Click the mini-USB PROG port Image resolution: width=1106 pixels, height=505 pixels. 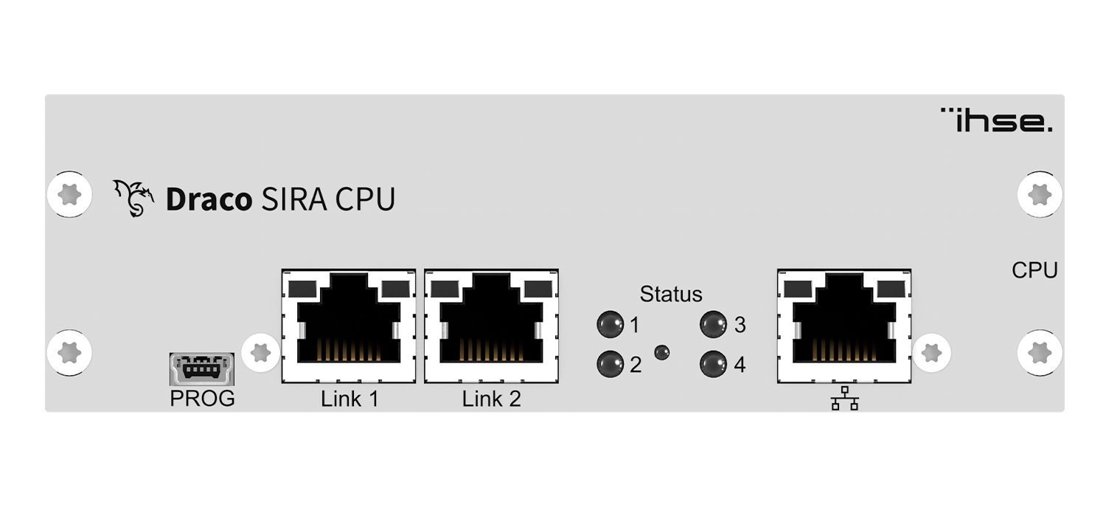click(x=202, y=368)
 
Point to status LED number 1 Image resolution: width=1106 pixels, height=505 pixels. click(x=609, y=323)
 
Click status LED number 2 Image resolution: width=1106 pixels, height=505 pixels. click(x=609, y=363)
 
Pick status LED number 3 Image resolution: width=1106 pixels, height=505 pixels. click(x=712, y=323)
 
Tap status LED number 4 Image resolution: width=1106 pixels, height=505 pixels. click(x=712, y=363)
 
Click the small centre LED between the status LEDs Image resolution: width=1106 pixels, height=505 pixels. click(x=662, y=352)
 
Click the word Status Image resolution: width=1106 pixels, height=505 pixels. click(x=671, y=294)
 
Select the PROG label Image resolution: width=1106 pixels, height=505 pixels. click(x=202, y=399)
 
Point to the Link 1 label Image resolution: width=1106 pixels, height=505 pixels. click(x=349, y=399)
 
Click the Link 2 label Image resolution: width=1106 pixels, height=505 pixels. click(x=491, y=399)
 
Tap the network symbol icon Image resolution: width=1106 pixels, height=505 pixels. click(x=845, y=399)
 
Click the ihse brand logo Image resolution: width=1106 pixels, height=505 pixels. click(x=997, y=120)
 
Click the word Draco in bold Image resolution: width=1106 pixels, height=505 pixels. click(x=209, y=200)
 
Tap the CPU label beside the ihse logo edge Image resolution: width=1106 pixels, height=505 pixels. click(x=1034, y=271)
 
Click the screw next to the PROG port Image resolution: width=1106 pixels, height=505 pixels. click(x=260, y=352)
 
